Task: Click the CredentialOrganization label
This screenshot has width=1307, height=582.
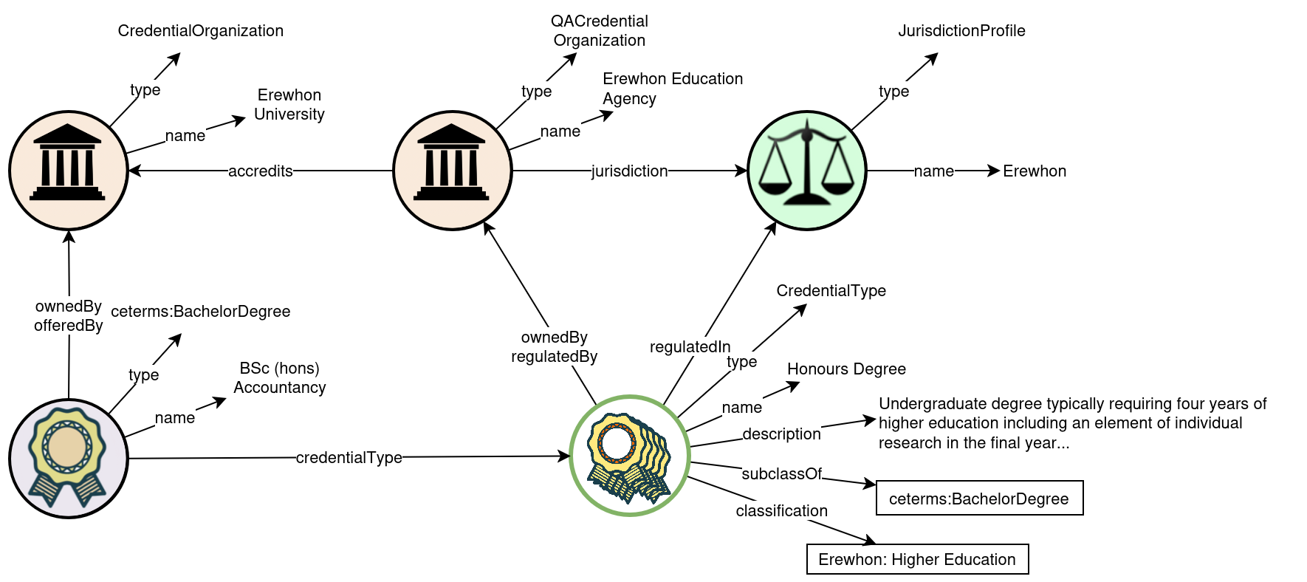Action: point(201,31)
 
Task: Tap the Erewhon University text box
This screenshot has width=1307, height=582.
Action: point(289,104)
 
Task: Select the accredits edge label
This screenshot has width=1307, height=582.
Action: point(261,171)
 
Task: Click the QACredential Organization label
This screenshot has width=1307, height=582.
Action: point(600,31)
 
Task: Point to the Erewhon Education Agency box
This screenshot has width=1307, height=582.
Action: point(673,89)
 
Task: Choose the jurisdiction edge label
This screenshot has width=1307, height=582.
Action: point(630,171)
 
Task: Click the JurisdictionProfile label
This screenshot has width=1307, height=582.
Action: point(961,31)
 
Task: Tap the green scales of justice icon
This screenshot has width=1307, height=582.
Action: point(807,171)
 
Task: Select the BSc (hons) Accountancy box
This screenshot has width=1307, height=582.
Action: point(280,377)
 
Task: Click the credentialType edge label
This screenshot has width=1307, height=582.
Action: point(349,458)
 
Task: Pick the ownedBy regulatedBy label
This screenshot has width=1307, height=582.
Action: point(555,347)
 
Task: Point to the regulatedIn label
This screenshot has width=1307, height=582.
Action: point(690,347)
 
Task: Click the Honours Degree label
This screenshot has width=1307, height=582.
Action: point(846,369)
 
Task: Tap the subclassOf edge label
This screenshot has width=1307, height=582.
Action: point(782,474)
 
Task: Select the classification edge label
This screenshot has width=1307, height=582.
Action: point(782,511)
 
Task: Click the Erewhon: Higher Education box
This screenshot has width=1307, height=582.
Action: point(917,560)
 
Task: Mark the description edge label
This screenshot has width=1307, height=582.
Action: point(782,434)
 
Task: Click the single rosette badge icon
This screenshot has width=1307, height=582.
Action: point(69,459)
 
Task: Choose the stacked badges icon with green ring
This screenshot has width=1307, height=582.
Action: point(630,456)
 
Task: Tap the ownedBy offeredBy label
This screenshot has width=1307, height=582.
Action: point(69,316)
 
